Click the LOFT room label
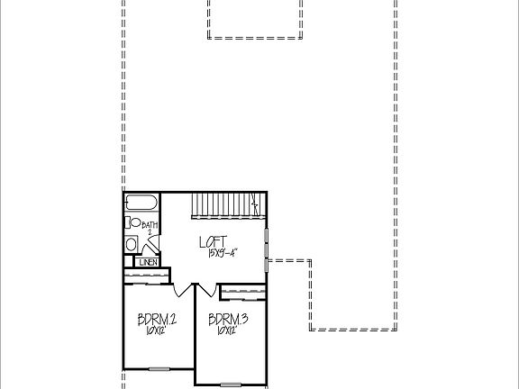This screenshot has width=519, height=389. tap(213, 241)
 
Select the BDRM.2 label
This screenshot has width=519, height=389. tap(156, 319)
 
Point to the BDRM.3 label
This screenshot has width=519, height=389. tap(227, 319)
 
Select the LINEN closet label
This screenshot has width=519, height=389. tap(149, 262)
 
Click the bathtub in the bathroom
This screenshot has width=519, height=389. tap(141, 203)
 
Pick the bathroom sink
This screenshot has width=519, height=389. tap(131, 243)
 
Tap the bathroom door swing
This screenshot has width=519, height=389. tap(152, 242)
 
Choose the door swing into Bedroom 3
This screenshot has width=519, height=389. tap(206, 289)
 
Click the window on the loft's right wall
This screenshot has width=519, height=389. tap(266, 250)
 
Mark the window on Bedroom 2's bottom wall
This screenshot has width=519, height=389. tap(159, 367)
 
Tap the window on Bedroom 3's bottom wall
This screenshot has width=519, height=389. tap(232, 384)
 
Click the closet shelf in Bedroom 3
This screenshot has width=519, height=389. tap(242, 290)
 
